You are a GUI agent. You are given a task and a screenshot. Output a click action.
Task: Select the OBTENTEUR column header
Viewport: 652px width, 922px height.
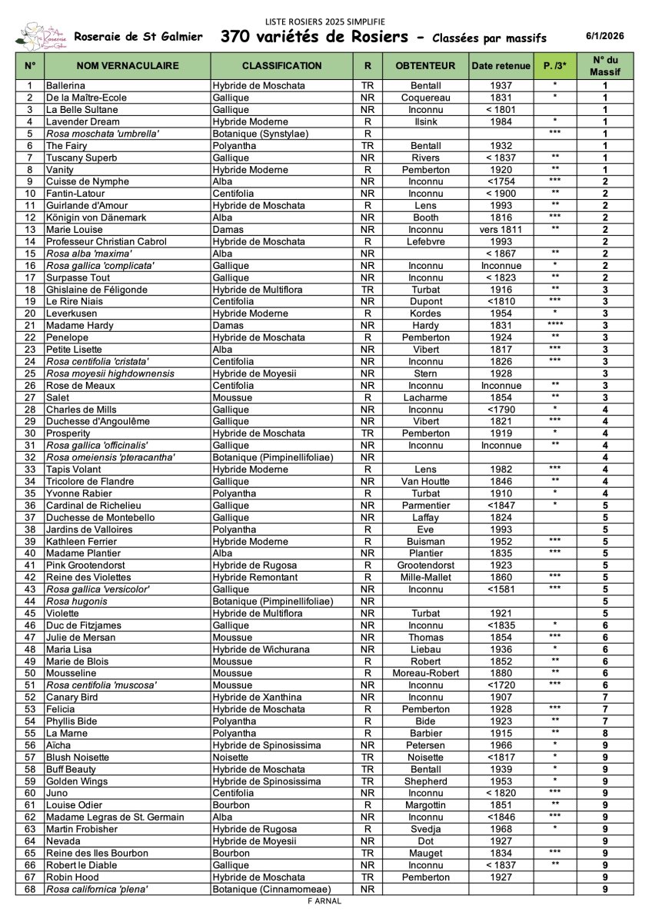coord(425,66)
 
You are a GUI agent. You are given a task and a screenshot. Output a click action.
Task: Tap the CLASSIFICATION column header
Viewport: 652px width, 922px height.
coord(281,66)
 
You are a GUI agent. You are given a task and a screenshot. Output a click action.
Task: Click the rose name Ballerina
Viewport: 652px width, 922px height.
coord(65,86)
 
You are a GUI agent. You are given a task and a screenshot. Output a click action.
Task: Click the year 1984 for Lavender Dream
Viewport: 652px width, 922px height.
coord(501,121)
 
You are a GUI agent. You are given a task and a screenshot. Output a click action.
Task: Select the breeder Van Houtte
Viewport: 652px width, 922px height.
coord(425,482)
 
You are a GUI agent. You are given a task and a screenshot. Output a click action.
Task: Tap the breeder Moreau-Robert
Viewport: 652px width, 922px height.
coord(425,673)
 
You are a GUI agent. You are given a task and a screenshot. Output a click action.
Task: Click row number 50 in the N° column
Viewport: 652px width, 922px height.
coord(30,673)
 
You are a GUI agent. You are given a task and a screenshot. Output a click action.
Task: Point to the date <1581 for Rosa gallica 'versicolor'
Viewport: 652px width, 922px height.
coord(501,589)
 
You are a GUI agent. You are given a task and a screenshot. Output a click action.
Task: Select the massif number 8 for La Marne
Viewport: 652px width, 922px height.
coord(605,733)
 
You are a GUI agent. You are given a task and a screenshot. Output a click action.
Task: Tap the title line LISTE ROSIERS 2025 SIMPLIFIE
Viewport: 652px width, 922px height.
coord(325,21)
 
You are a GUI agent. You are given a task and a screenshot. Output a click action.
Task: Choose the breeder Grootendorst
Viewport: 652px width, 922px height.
coord(425,565)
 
